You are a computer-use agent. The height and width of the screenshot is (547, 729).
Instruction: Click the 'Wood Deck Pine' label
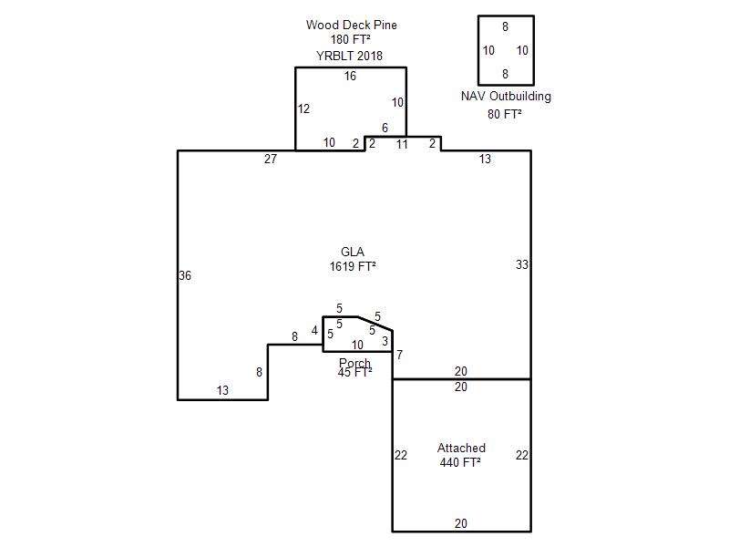coord(352,26)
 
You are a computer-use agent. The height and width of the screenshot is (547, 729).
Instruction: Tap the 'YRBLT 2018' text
coord(350,56)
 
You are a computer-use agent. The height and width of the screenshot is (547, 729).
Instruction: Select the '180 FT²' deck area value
coord(351,39)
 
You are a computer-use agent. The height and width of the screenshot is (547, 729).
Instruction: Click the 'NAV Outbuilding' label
coord(506,97)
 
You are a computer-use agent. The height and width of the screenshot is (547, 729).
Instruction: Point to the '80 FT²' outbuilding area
coord(505,114)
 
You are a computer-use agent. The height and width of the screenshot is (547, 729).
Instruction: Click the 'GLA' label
coord(353,252)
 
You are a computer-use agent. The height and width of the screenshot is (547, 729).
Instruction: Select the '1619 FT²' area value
coord(353,266)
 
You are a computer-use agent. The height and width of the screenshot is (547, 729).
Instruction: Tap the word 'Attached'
coord(461,448)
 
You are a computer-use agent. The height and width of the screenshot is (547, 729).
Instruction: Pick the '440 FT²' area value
coord(460,462)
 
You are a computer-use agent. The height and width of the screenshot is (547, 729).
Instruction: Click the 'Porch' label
coord(354,363)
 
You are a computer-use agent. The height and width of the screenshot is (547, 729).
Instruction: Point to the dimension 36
coord(185,276)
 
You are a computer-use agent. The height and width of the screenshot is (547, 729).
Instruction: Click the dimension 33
coord(522,264)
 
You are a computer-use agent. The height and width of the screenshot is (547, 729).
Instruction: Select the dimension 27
coord(271,159)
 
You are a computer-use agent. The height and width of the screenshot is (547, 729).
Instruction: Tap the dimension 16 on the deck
coord(350,76)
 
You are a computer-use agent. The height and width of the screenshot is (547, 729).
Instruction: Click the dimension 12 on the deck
coord(303,108)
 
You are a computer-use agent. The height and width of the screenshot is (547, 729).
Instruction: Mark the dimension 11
coord(402,145)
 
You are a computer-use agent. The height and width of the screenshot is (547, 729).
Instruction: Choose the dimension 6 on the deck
coord(385,128)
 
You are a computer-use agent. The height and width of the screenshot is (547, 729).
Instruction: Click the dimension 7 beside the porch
coord(399,356)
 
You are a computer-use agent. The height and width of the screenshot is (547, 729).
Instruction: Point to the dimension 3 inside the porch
coord(385,341)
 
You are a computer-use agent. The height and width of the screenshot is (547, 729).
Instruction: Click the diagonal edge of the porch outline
coord(375,324)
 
